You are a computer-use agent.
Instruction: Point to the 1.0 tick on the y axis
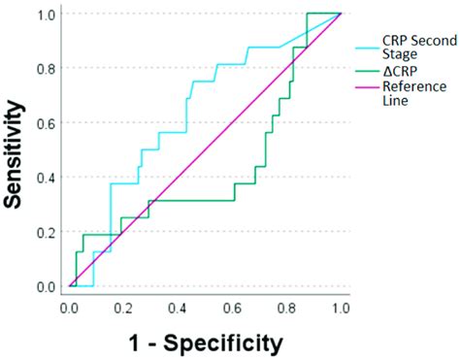47,15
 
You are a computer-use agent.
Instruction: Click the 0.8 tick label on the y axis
47,69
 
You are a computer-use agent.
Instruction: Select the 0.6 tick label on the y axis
47,123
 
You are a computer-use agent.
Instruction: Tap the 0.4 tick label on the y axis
47,178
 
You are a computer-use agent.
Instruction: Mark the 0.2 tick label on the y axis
47,232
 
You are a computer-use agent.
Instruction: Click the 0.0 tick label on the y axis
47,286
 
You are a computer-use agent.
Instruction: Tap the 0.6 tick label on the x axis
232,308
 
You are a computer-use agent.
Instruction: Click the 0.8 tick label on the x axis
286,308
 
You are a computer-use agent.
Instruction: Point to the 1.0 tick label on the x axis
340,308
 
